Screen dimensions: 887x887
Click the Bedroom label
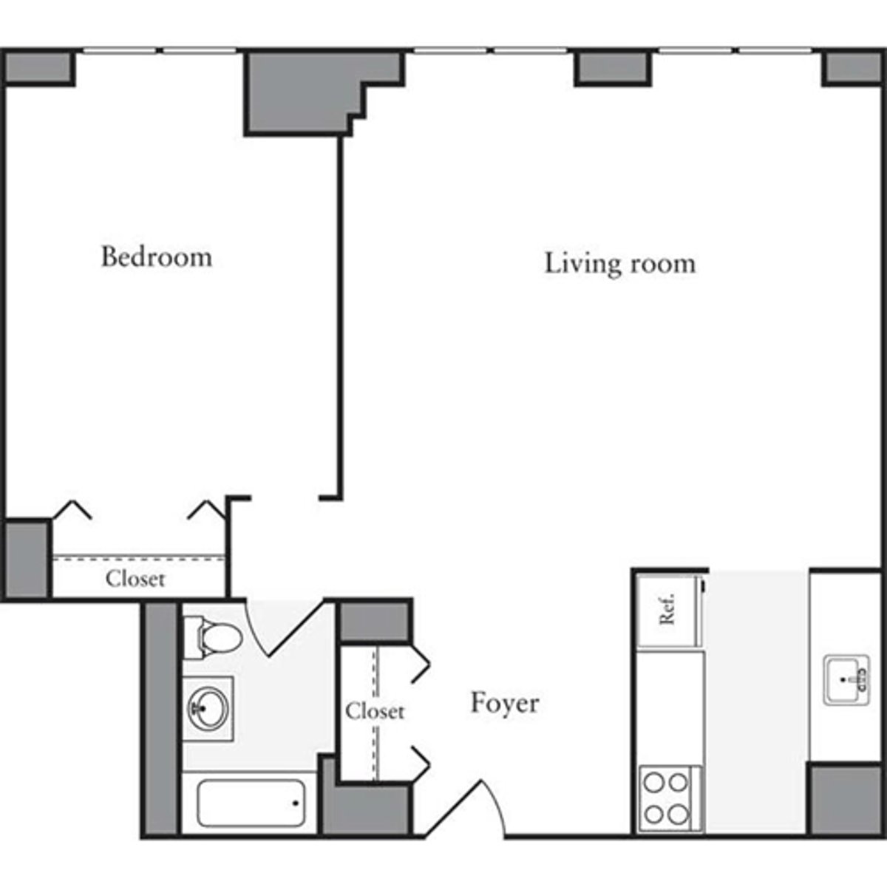click(156, 257)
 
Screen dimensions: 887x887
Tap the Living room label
click(619, 263)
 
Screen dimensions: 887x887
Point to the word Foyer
click(505, 703)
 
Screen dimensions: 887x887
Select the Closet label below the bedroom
click(135, 578)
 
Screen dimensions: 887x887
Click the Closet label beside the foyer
click(375, 711)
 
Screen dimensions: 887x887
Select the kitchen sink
click(847, 678)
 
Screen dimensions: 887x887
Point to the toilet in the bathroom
click(214, 637)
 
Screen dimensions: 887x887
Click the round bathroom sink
click(208, 707)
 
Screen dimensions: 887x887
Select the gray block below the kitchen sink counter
click(843, 800)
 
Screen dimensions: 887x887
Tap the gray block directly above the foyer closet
click(374, 622)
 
